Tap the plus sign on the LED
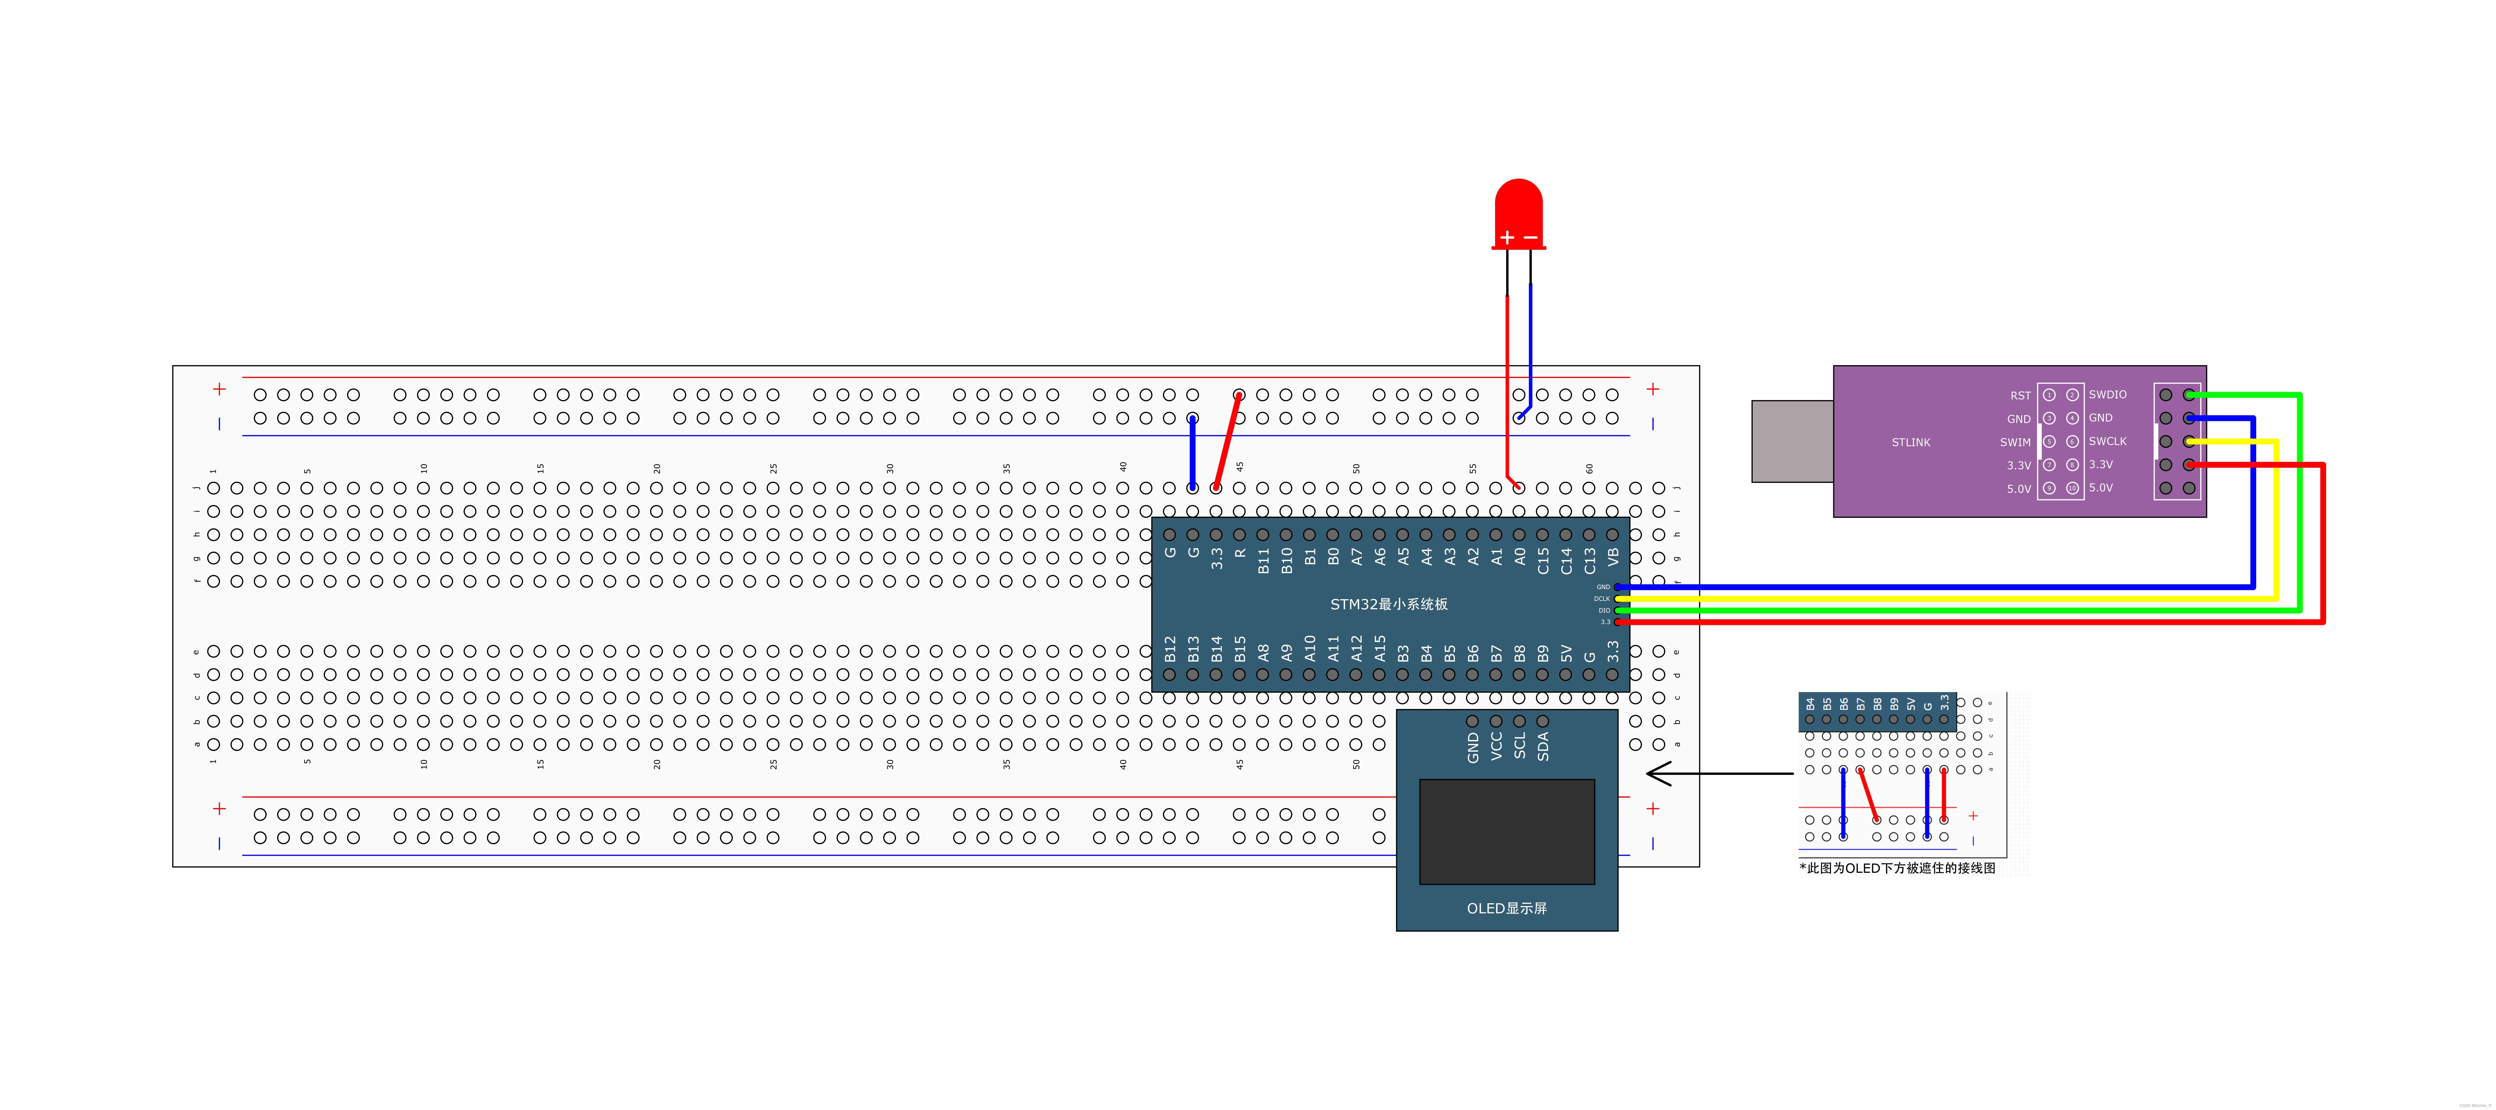coord(1507,237)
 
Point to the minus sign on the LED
coord(1531,237)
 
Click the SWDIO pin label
coord(2107,394)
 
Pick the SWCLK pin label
coord(2107,441)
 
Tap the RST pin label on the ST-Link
coord(2020,395)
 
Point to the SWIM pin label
coord(2015,442)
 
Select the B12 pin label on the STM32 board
coord(1169,649)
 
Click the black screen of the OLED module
coord(1507,831)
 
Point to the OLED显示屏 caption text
coord(1507,907)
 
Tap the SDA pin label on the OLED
coord(1543,746)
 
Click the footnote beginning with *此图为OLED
coord(1897,868)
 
